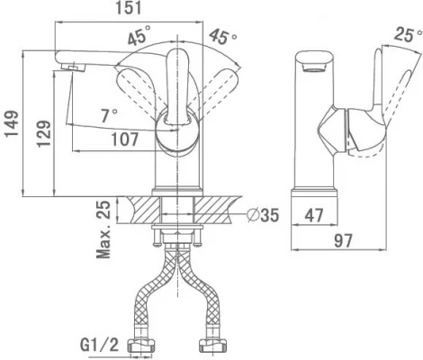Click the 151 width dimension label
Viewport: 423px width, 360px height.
129,8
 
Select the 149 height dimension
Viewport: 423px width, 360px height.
12,124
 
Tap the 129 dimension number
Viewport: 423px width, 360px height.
43,133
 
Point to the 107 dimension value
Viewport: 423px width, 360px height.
125,139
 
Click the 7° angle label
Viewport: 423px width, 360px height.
109,115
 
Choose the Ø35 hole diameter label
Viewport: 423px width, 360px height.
263,215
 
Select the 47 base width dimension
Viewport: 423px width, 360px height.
314,215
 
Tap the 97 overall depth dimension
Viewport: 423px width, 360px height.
343,240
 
